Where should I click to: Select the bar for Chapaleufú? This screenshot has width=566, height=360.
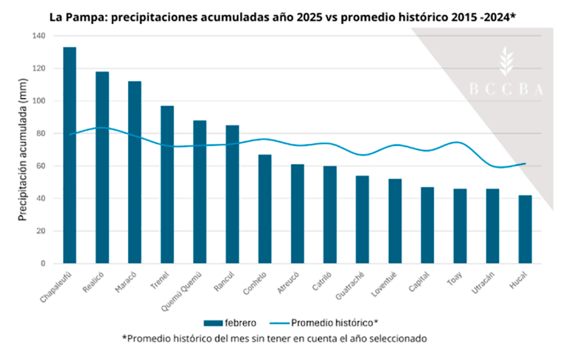pyautogui.click(x=70, y=155)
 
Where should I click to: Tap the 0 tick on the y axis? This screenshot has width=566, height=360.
pyautogui.click(x=41, y=264)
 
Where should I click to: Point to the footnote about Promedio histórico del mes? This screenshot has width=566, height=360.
pyautogui.click(x=275, y=338)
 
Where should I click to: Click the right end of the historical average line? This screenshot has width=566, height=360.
pyautogui.click(x=525, y=164)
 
